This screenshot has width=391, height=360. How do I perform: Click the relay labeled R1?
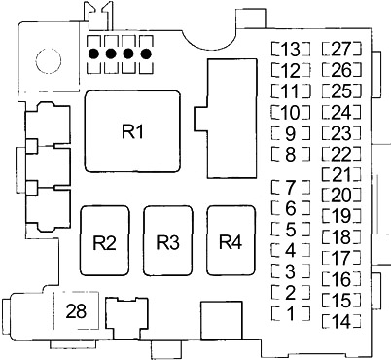[x=132, y=131]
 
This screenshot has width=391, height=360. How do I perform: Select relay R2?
[x=105, y=240]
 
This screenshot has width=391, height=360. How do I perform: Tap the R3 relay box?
[x=168, y=240]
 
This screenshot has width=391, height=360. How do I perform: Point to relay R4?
[x=231, y=240]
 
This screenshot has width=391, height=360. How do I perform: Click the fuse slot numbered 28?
[x=76, y=310]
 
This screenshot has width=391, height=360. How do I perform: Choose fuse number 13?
[x=291, y=50]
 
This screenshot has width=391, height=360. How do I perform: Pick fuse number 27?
[x=341, y=49]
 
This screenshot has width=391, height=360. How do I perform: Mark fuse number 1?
[x=291, y=313]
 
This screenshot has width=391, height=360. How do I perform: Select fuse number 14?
[x=341, y=321]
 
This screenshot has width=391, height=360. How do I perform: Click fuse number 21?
[x=341, y=174]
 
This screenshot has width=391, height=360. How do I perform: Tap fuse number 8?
[x=291, y=155]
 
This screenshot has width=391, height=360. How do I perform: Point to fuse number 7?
[x=291, y=187]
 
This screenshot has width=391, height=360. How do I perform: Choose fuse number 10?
[x=291, y=112]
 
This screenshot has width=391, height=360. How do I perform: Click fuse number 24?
[x=341, y=112]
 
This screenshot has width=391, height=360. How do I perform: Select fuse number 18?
[x=341, y=236]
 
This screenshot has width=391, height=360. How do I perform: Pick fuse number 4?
[x=291, y=250]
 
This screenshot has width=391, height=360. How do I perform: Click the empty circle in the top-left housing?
[x=49, y=61]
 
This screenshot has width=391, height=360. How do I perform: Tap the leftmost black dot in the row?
[x=94, y=54]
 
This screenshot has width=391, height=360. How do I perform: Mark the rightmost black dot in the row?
[x=147, y=54]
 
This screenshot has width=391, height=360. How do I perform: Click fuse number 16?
[x=341, y=279]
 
